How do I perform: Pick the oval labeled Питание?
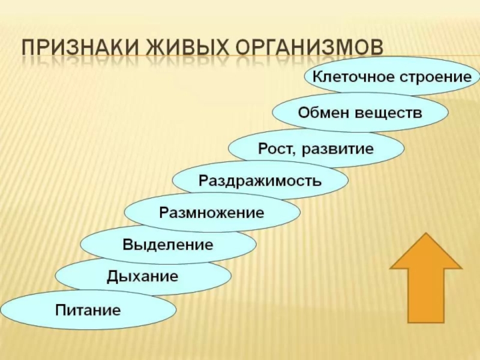click(x=88, y=310)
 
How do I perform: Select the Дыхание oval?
click(x=143, y=277)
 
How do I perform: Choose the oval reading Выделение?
click(x=168, y=244)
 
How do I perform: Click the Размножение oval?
click(x=212, y=212)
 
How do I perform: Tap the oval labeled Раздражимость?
click(x=260, y=179)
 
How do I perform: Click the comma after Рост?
click(x=292, y=152)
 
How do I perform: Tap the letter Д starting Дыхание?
click(x=112, y=277)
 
